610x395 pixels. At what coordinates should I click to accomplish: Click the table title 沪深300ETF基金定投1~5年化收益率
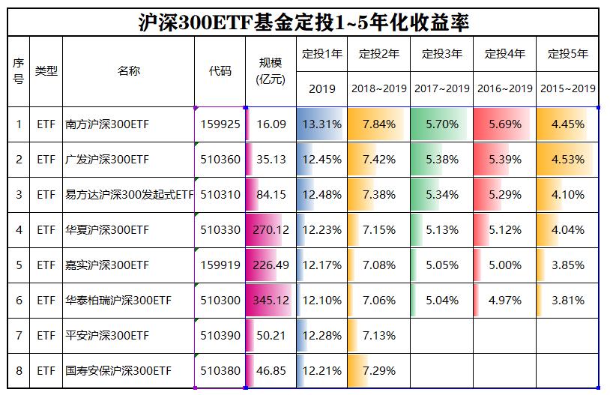tap(304, 22)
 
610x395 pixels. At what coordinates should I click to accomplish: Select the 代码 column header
tap(220, 72)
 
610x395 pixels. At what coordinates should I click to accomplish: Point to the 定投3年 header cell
tap(441, 54)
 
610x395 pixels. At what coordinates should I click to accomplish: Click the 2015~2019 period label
tap(567, 88)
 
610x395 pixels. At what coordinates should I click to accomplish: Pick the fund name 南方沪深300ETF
tap(106, 124)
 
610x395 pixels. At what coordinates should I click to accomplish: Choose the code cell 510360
tap(220, 159)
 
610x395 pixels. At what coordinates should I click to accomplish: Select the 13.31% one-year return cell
tap(321, 124)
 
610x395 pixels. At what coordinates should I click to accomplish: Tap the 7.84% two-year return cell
tap(378, 124)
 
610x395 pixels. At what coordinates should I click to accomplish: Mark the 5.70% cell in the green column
tap(441, 124)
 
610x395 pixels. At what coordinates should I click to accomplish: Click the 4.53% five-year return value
tap(567, 159)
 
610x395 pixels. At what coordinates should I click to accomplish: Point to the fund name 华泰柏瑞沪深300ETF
tap(118, 301)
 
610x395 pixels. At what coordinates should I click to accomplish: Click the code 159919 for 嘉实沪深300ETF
tap(220, 265)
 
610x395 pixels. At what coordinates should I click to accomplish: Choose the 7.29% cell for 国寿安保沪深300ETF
tap(378, 371)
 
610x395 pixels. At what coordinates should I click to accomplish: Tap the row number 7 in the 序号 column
tap(19, 336)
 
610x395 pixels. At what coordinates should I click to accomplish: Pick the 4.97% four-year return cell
tap(504, 301)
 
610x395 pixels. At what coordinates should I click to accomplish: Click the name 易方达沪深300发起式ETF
tap(128, 194)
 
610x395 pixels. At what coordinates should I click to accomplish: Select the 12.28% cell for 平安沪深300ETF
tap(321, 336)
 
